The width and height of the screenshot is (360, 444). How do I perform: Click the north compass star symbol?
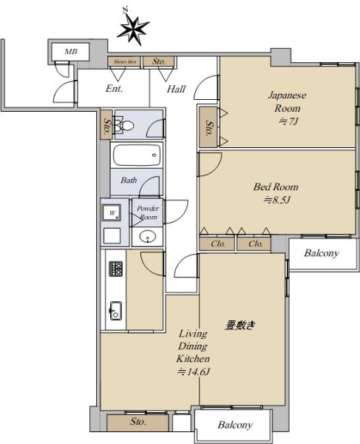(133, 29)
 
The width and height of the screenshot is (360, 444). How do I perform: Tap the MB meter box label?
(71, 52)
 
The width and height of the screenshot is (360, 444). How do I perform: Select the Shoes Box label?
(125, 61)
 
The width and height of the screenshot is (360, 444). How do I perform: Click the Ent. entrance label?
(115, 89)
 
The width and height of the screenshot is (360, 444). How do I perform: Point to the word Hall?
(176, 89)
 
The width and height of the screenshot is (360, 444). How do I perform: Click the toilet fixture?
(124, 126)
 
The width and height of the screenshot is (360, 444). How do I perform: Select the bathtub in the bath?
(137, 155)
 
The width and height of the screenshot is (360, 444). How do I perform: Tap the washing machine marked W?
(112, 212)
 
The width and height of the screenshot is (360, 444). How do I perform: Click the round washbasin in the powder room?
(147, 236)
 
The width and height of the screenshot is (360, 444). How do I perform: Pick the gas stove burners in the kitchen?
(116, 269)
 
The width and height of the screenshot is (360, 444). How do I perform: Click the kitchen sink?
(116, 311)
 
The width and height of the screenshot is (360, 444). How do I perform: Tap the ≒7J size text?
(288, 121)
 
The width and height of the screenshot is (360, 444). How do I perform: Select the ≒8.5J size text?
(277, 201)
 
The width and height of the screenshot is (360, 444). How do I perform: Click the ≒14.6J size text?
(194, 371)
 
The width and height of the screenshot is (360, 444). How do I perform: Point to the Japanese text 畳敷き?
(240, 325)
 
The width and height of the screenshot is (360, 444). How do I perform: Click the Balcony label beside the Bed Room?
(322, 253)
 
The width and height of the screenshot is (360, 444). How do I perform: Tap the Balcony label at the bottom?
(235, 425)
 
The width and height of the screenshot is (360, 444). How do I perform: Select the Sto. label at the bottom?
(138, 422)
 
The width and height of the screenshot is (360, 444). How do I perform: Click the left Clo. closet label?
(218, 243)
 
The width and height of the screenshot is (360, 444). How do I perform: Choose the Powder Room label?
(148, 212)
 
